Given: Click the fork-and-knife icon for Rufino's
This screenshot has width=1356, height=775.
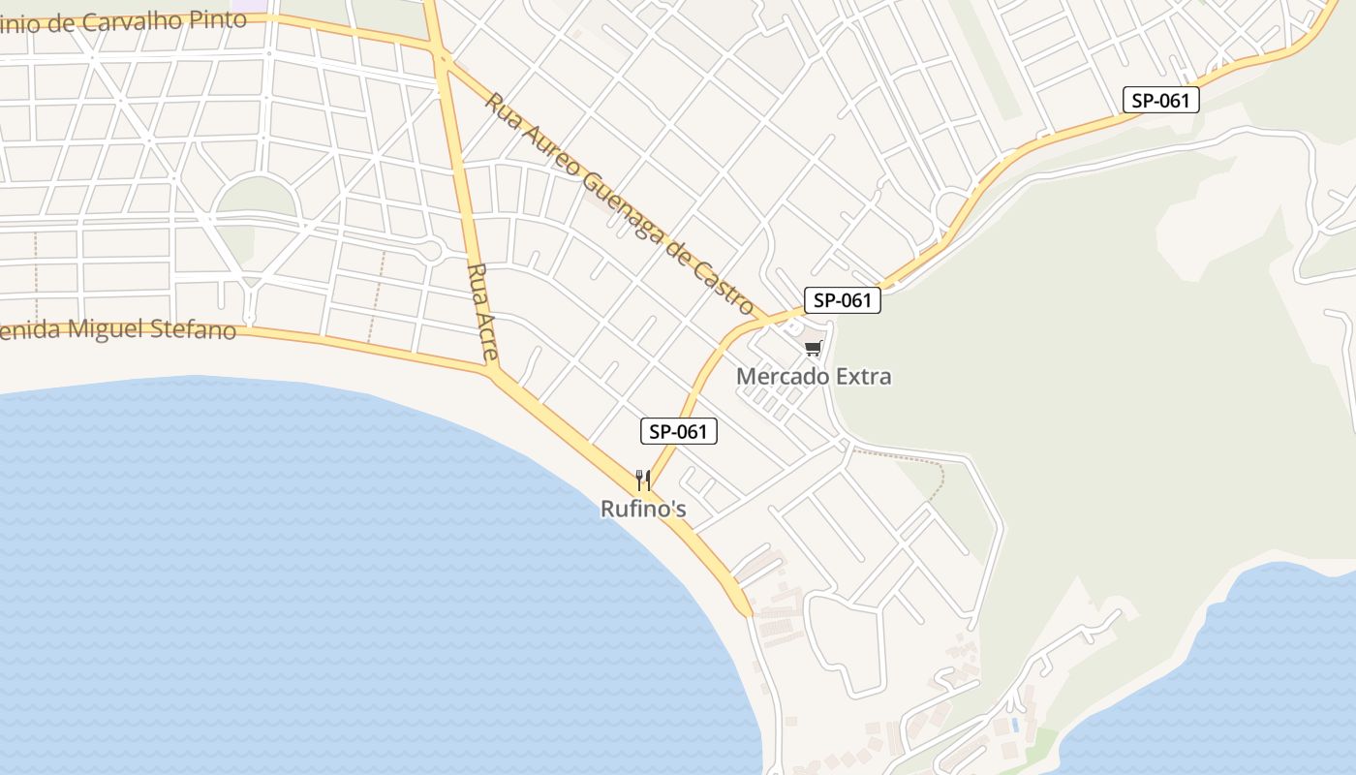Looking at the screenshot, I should tap(641, 480).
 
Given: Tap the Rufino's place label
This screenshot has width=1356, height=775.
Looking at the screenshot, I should tap(643, 509).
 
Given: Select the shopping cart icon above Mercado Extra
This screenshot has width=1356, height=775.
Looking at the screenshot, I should tap(814, 349).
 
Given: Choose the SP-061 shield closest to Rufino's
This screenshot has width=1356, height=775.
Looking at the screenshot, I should tap(678, 431).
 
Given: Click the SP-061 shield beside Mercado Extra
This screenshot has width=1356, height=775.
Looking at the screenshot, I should tap(843, 300).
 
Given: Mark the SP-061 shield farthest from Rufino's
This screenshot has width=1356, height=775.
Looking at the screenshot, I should tap(1161, 100).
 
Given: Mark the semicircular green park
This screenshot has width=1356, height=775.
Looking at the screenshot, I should tap(256, 198).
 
